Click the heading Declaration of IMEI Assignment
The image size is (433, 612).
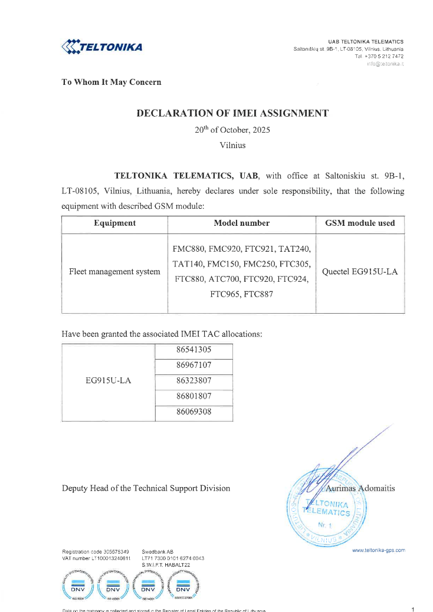232,113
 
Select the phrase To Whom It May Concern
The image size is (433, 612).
111,82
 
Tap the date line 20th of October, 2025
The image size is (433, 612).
232,130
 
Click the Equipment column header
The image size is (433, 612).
114,223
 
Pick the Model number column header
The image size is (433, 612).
242,223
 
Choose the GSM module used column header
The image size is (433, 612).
360,223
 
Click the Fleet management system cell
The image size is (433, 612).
114,272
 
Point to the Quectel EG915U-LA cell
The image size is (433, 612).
360,272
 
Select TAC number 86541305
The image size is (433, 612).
193,350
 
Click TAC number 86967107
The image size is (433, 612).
193,365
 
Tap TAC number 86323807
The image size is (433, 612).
193,380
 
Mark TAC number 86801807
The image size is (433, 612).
193,396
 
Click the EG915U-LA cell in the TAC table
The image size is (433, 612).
109,380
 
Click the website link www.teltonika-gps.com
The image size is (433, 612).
378,550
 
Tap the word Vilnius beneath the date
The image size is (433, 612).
232,144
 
